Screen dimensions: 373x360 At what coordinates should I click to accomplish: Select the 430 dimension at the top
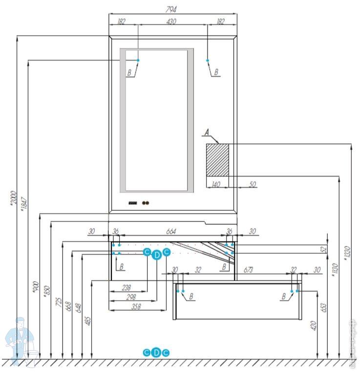coord(171,22)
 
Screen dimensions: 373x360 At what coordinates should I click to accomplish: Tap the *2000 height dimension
coord(13,198)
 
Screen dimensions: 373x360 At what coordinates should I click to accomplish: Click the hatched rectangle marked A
coord(217,159)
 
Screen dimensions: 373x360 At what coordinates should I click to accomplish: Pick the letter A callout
coord(207,132)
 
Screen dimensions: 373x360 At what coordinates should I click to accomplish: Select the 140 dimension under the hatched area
coord(216,184)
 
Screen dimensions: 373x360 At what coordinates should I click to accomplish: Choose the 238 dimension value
coord(126,288)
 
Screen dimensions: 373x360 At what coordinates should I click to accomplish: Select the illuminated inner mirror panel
coord(156,120)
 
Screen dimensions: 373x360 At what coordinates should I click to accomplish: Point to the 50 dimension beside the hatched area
coord(252,184)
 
